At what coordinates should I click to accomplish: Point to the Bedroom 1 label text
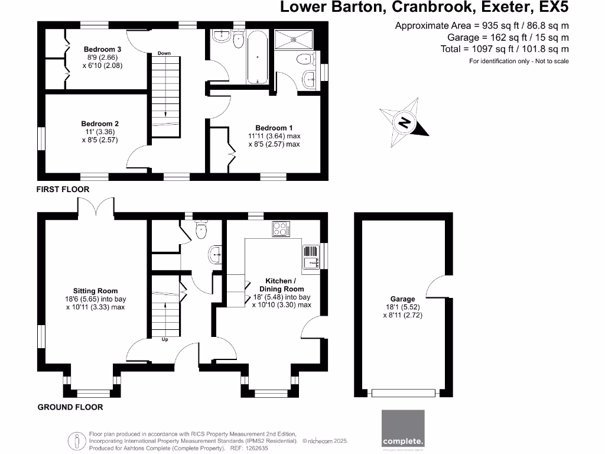pos(274,128)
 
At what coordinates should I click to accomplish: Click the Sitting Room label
pos(95,291)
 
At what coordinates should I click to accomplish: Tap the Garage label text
pos(402,299)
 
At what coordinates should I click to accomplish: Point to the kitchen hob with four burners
pos(281,229)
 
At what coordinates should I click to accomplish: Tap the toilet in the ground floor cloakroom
pos(201,230)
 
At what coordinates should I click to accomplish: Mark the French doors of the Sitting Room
pos(95,206)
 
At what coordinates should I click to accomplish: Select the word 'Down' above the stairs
pos(164,54)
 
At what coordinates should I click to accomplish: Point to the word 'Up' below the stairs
pos(165,340)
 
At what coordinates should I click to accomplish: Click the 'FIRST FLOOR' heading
pos(63,189)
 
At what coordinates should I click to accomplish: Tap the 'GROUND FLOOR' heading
pos(70,407)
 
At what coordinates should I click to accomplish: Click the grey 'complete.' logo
pos(403,429)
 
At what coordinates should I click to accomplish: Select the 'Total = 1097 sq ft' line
pos(505,50)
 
